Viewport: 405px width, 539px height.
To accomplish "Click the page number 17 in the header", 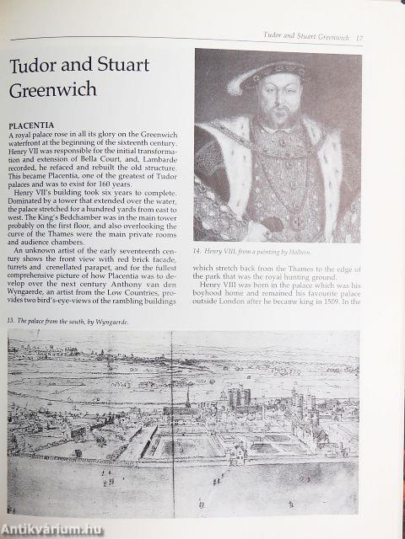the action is [x=359, y=37].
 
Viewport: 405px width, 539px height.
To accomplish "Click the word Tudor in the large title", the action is [x=41, y=68].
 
